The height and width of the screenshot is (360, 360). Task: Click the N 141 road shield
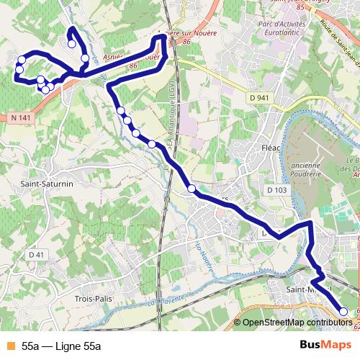tap(21, 117)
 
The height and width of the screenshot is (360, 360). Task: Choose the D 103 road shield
tap(276, 189)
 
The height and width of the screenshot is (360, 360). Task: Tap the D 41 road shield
tap(37, 255)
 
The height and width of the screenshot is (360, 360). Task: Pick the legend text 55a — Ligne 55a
tap(61, 346)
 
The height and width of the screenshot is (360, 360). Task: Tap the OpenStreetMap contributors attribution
tap(297, 323)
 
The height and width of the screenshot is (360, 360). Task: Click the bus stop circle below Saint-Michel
tap(343, 312)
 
